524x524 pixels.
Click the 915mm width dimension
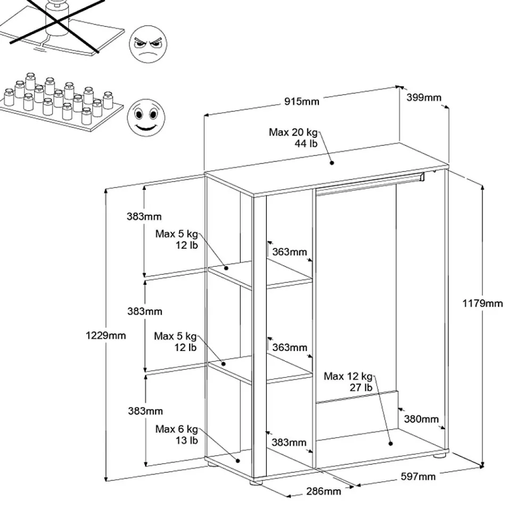301,101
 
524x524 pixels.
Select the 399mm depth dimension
424,97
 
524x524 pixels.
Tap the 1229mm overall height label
105,335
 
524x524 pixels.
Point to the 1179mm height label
482,304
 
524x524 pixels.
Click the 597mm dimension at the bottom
418,476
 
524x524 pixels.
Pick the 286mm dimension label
323,491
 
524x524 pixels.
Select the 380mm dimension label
421,419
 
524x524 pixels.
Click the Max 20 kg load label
293,133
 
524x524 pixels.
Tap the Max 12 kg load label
348,376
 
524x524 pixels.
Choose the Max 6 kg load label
176,429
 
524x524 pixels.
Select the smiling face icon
144,118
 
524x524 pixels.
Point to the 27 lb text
361,388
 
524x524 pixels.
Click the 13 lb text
186,440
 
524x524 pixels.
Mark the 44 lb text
306,144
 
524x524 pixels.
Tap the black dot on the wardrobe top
331,163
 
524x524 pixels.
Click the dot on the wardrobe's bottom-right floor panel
390,443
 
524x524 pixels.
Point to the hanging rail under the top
367,184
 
